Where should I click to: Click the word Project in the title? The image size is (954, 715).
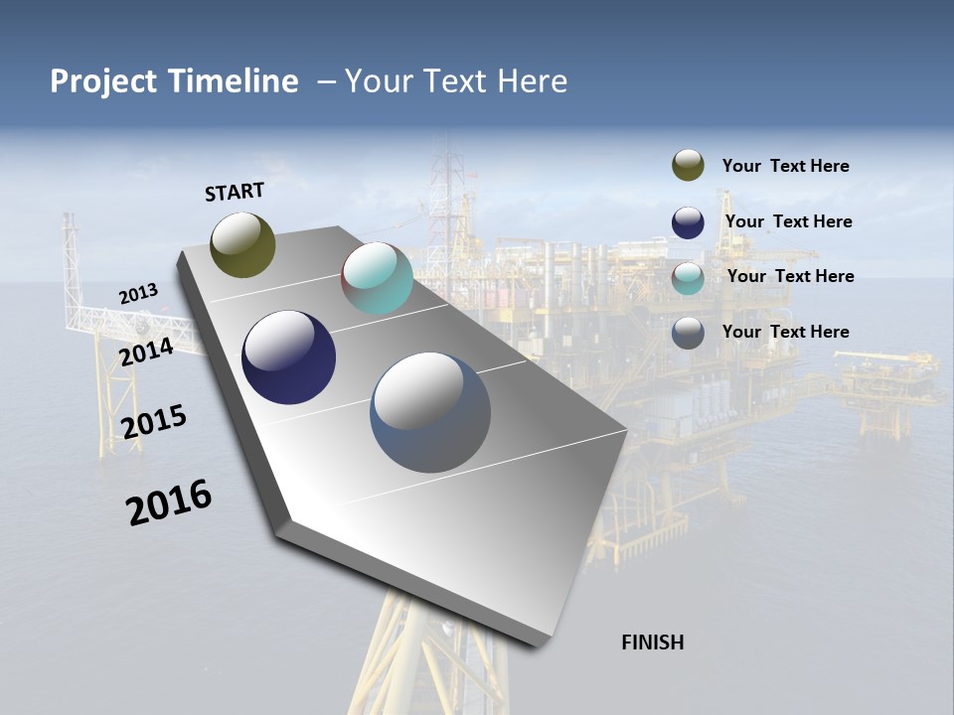103,81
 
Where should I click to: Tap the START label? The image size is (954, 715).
235,192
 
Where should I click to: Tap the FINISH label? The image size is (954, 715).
653,643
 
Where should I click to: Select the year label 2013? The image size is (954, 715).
139,294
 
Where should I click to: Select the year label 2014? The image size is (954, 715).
146,352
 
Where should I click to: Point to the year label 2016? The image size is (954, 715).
169,501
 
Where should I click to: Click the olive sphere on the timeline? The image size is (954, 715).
243,244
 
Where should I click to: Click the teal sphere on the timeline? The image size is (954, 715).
377,279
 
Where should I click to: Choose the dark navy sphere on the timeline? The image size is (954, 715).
289,357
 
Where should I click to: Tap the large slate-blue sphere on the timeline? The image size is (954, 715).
430,413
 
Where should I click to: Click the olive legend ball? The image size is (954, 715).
688,166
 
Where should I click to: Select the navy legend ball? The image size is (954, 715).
688,221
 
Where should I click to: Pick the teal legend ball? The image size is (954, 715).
688,277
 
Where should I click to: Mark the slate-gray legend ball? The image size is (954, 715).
688,333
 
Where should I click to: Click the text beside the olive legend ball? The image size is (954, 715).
785,166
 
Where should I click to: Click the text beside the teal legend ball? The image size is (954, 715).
790,276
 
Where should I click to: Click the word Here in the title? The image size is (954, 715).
532,81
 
